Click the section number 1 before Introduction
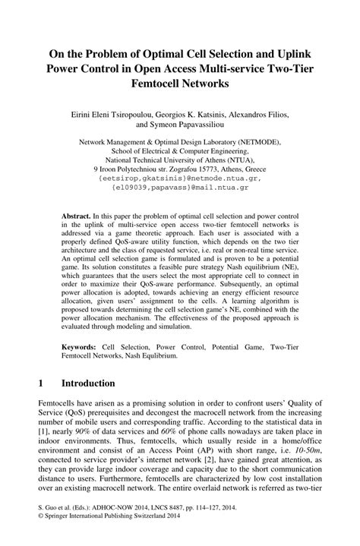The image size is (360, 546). point(39,384)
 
